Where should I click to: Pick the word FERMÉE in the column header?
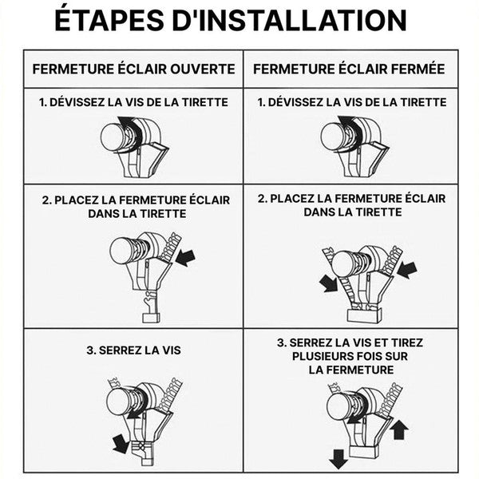412,69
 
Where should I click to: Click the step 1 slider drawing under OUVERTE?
132,144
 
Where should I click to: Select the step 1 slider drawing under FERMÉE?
352,144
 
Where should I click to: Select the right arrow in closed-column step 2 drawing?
406,268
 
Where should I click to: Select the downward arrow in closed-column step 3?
338,458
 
